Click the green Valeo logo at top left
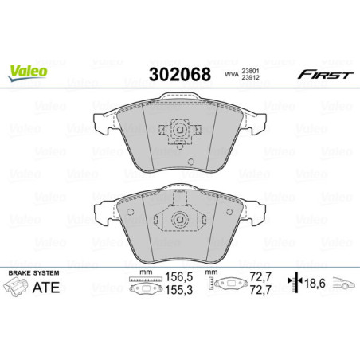pos(29,71)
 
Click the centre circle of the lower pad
pos(180,222)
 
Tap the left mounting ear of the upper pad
pos(102,123)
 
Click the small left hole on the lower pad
pos(131,211)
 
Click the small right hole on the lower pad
pos(229,211)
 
